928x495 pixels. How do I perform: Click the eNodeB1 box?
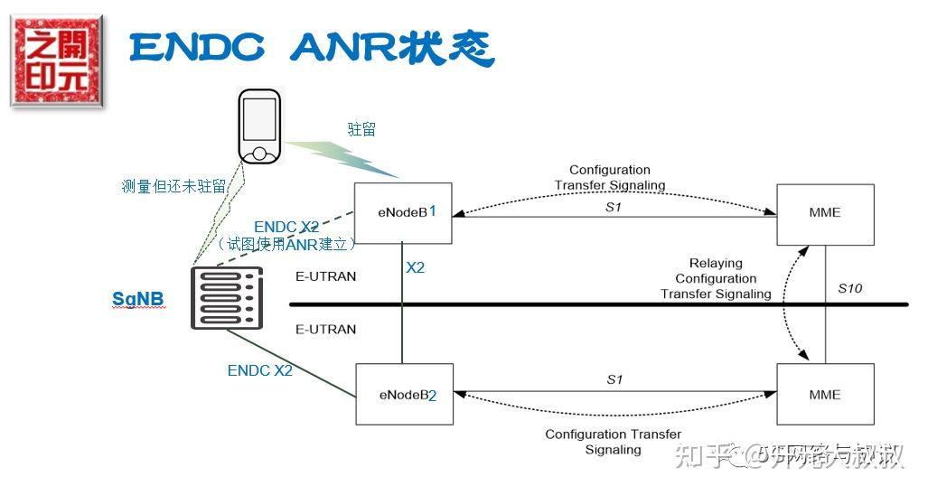(x=403, y=213)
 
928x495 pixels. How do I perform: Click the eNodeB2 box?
(x=403, y=395)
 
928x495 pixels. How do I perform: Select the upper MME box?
(x=825, y=213)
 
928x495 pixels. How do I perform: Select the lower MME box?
(x=825, y=395)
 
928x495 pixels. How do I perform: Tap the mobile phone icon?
(x=259, y=126)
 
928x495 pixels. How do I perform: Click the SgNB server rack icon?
(x=227, y=298)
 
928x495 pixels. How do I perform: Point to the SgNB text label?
(x=138, y=299)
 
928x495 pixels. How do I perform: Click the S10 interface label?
(x=849, y=289)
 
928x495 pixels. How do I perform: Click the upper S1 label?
(x=614, y=207)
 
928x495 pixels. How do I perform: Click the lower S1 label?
(x=614, y=379)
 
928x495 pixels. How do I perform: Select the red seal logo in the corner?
(x=57, y=62)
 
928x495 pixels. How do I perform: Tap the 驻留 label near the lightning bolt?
(x=361, y=130)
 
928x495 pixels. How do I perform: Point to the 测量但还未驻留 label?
(x=173, y=187)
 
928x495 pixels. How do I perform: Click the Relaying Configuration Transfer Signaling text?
(x=716, y=279)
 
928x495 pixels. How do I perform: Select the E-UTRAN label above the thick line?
(x=325, y=276)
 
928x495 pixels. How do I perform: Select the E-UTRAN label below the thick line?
(x=325, y=330)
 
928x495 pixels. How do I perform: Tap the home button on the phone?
(x=259, y=153)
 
